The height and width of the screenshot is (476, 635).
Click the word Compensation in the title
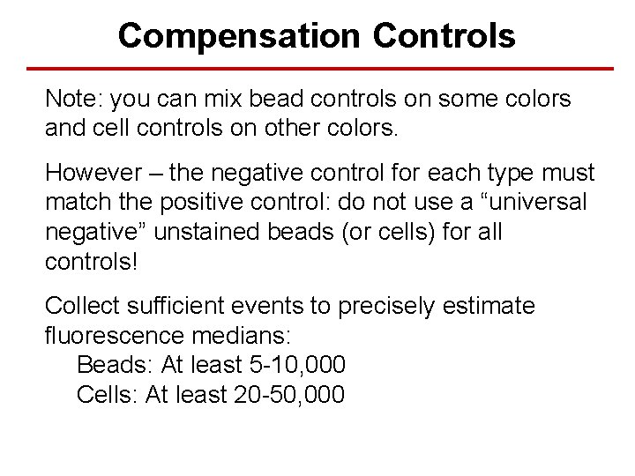pyautogui.click(x=239, y=36)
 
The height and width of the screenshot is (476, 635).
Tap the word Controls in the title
pyautogui.click(x=444, y=36)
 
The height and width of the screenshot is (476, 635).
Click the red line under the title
pyautogui.click(x=317, y=69)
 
